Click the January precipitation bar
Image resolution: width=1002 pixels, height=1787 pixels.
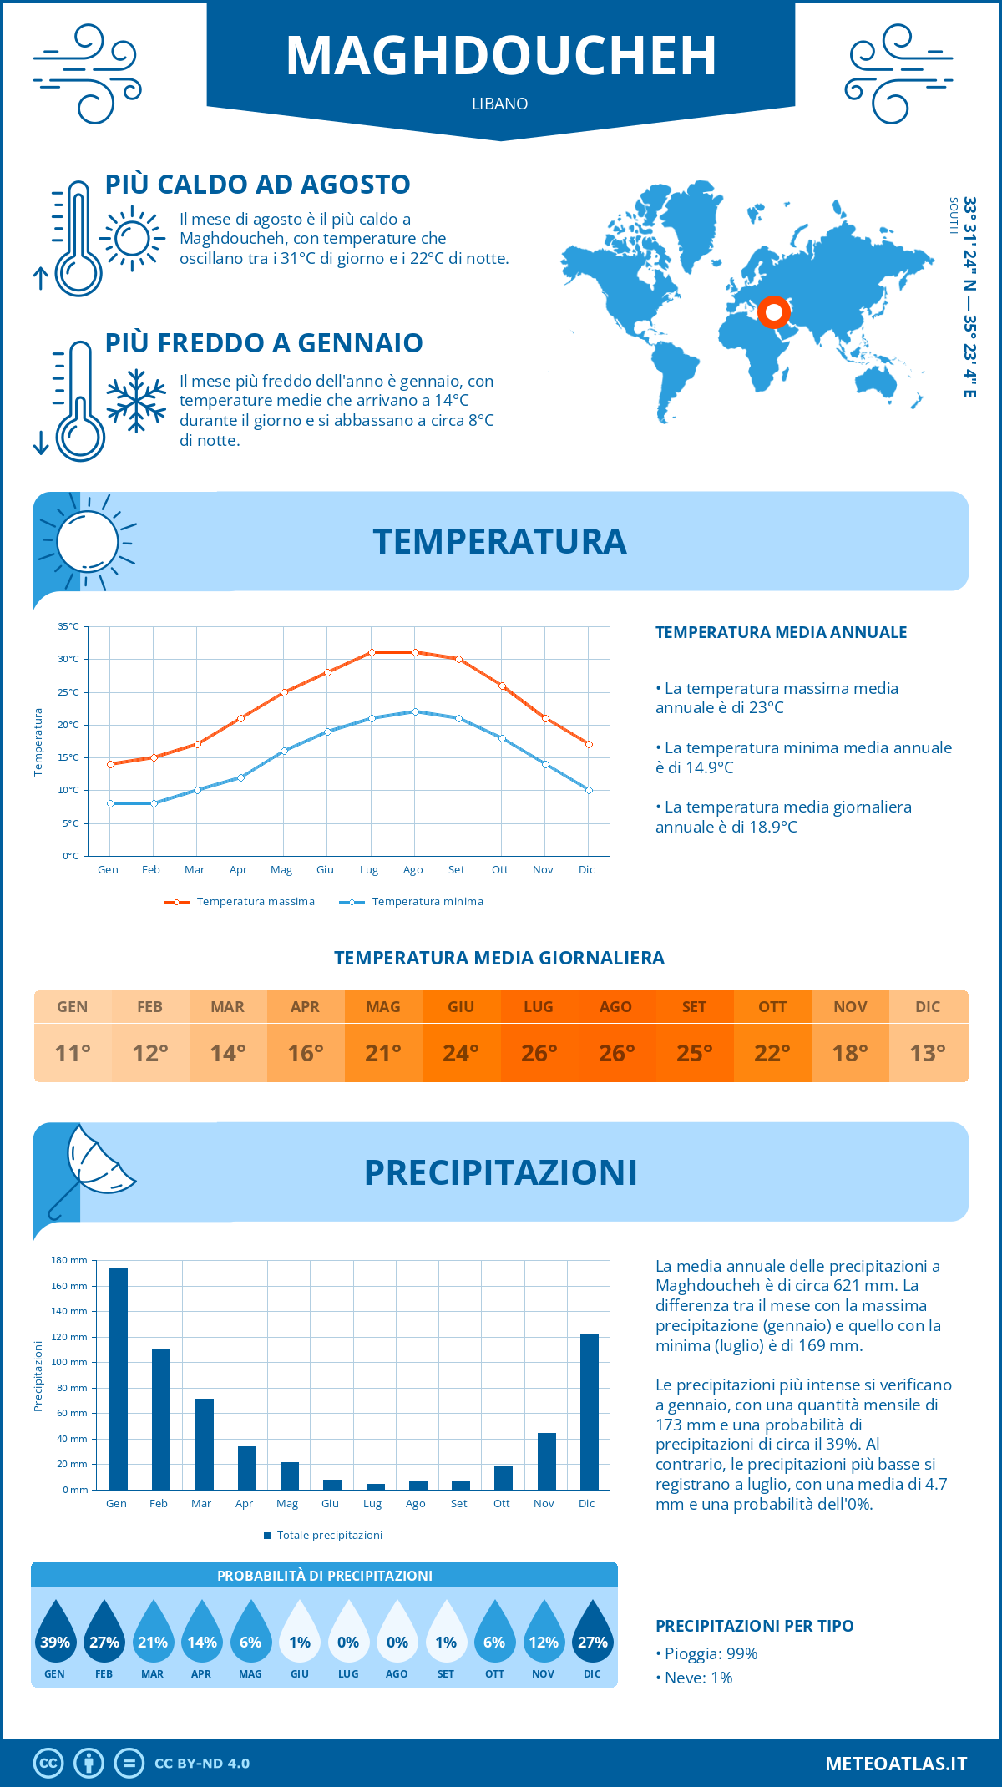[119, 1379]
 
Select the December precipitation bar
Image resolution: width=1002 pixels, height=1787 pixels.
[590, 1412]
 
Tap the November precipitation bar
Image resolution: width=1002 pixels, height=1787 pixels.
[547, 1461]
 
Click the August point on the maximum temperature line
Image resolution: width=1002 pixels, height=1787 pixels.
[415, 652]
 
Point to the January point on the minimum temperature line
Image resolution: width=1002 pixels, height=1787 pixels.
[110, 803]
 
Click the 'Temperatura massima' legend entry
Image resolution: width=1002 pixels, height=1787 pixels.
[240, 902]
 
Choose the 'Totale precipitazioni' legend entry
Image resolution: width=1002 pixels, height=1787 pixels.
[323, 1535]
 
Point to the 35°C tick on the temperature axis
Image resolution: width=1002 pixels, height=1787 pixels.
[68, 626]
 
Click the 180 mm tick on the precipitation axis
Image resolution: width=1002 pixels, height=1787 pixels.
[70, 1260]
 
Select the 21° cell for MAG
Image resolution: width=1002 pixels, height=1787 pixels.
[383, 1053]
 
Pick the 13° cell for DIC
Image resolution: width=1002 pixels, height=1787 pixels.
[928, 1053]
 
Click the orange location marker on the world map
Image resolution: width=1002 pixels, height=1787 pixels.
[774, 312]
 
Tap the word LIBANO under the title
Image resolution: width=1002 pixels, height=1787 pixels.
[500, 104]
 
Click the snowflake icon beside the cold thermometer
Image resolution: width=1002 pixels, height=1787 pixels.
[136, 401]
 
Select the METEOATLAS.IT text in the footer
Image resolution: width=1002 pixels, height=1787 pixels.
[896, 1764]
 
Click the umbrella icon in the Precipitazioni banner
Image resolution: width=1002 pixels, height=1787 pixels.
[92, 1165]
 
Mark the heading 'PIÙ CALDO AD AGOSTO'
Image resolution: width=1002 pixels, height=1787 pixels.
[258, 185]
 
